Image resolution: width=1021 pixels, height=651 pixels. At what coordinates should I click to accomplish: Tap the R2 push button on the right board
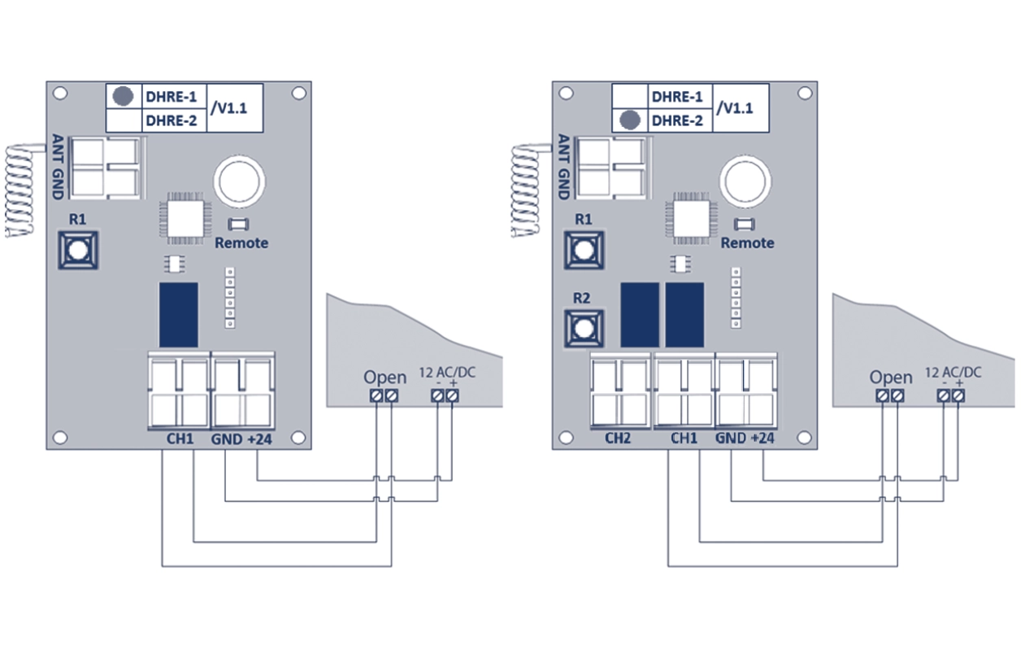tap(583, 328)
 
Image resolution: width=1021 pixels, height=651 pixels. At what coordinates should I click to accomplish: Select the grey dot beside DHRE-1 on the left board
tap(123, 95)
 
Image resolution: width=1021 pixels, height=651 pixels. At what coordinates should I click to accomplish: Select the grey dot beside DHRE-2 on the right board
tap(628, 121)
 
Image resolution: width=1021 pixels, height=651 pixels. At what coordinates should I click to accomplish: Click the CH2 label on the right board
tap(619, 439)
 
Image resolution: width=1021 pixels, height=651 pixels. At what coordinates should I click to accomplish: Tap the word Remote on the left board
tap(241, 242)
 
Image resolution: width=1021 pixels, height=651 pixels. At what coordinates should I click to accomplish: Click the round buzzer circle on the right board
tap(745, 181)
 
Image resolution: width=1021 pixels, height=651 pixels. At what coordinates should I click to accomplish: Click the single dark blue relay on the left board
tap(178, 315)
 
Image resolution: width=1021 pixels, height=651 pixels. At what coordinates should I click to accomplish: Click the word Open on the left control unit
tap(385, 378)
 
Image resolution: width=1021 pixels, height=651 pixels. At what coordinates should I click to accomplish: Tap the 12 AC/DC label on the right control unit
tap(953, 373)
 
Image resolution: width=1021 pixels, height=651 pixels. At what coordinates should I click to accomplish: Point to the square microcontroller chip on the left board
tap(185, 216)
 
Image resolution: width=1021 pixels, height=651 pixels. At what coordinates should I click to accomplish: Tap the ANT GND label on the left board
tap(57, 167)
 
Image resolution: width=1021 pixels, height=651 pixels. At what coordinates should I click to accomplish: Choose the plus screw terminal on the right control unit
tap(958, 395)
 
